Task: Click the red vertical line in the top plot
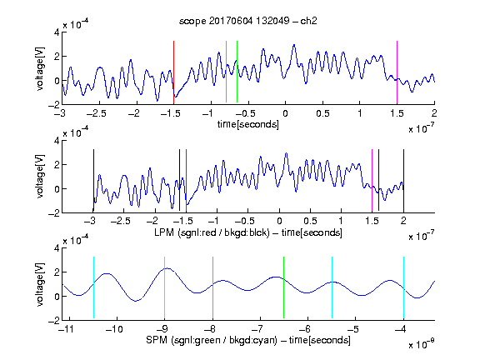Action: point(173,72)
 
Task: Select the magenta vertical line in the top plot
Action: point(397,72)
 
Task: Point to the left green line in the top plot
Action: point(226,72)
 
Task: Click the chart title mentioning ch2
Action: point(248,21)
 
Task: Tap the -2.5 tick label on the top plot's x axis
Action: point(97,113)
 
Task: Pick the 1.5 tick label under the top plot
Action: point(397,113)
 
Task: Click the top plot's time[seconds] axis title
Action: point(248,124)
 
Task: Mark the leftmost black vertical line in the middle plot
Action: point(93,180)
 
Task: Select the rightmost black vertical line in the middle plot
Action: point(403,181)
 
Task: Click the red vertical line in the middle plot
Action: point(186,181)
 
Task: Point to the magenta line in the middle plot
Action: point(372,180)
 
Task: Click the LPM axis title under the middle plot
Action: point(248,232)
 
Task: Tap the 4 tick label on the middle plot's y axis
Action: point(57,141)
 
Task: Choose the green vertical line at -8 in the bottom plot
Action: point(212,287)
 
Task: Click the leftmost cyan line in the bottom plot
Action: point(93,287)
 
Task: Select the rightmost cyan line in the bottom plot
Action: point(403,287)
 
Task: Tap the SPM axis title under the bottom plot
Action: point(248,340)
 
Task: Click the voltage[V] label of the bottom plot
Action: point(40,284)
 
